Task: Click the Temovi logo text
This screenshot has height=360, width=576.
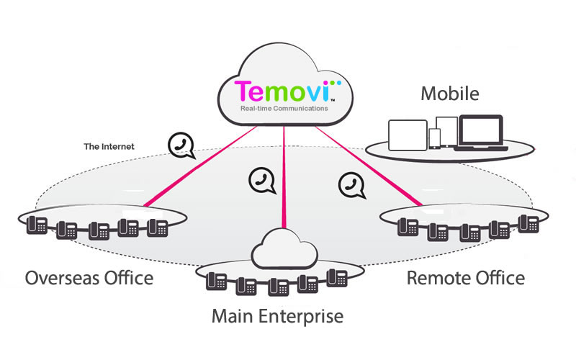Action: click(282, 92)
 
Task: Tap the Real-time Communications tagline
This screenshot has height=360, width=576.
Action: click(284, 109)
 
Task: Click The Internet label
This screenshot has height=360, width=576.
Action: click(109, 146)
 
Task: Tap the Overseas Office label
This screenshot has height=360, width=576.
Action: click(89, 278)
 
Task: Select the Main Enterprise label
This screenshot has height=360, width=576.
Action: click(277, 315)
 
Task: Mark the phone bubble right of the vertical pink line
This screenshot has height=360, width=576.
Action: click(350, 184)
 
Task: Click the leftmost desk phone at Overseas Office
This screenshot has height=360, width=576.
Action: click(37, 226)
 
